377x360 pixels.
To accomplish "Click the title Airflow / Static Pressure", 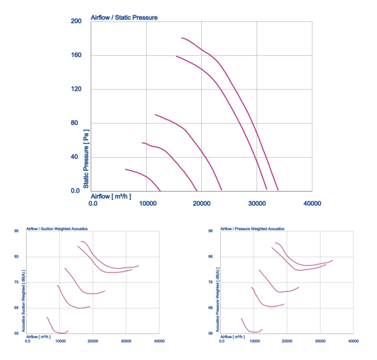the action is point(124,18).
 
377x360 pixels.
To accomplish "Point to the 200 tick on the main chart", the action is point(76,21).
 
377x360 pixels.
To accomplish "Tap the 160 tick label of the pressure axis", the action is point(76,55).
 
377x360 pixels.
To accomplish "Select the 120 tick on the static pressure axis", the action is point(76,89).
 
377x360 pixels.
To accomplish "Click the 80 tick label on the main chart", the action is point(74,123).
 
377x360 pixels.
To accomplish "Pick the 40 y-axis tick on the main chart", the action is point(74,157).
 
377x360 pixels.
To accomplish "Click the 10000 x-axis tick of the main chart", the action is point(148,203).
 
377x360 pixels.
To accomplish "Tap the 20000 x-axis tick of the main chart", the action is point(201,203).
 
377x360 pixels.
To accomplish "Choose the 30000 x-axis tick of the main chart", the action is point(257,203).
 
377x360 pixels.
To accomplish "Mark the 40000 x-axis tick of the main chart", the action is point(312,203).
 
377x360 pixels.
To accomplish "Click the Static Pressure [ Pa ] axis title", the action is point(86,159).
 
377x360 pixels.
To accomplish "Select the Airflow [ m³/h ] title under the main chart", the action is point(111,196).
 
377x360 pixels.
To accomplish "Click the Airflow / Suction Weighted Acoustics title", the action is point(57,229).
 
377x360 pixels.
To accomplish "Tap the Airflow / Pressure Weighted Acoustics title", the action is point(252,229).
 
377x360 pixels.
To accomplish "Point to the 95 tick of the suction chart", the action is point(17,231).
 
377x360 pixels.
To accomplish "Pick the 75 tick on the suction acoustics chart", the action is point(17,282).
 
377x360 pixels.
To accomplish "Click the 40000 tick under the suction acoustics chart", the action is point(159,341).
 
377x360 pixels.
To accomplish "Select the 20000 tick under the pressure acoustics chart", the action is point(287,341).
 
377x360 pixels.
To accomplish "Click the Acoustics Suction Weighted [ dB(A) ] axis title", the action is point(23,301).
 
